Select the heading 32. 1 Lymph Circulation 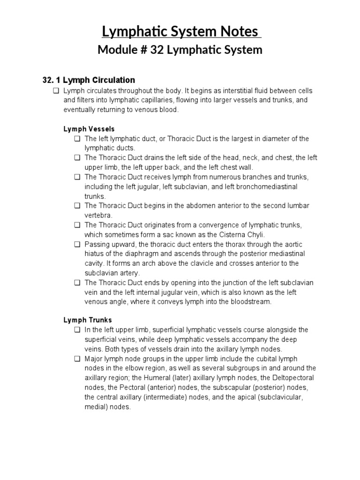click(x=89, y=80)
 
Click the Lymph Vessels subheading click(x=89, y=129)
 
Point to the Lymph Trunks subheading click(x=88, y=320)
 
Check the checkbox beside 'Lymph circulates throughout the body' click(x=56, y=90)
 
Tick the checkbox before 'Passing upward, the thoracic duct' click(x=77, y=244)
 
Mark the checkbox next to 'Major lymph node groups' click(x=77, y=359)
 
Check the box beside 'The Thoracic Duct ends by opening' click(x=77, y=283)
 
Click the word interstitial click(x=225, y=90)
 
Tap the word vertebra click(x=98, y=215)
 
